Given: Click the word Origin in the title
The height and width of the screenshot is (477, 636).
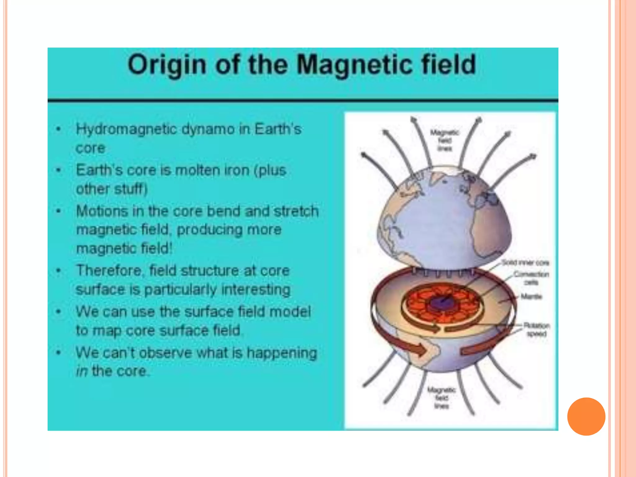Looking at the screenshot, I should tap(167, 65).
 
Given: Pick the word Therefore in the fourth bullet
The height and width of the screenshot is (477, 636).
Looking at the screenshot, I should tap(109, 270).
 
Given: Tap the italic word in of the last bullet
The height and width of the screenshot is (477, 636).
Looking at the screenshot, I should tap(82, 371).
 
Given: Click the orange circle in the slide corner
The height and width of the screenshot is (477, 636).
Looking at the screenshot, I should tap(586, 416).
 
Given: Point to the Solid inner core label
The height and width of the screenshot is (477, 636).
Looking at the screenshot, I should tap(525, 263).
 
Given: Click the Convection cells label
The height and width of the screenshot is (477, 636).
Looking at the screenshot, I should tap(531, 278).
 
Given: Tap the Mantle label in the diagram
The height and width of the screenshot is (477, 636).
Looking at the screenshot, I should tap(531, 297).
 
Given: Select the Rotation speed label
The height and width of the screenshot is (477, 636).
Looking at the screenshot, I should tap(536, 329).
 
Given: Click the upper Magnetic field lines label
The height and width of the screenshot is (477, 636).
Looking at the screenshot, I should tap(444, 140).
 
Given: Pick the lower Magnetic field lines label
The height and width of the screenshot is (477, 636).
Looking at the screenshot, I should tap(442, 398).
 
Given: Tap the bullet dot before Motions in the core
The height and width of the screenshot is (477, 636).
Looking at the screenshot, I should tap(58, 211).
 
